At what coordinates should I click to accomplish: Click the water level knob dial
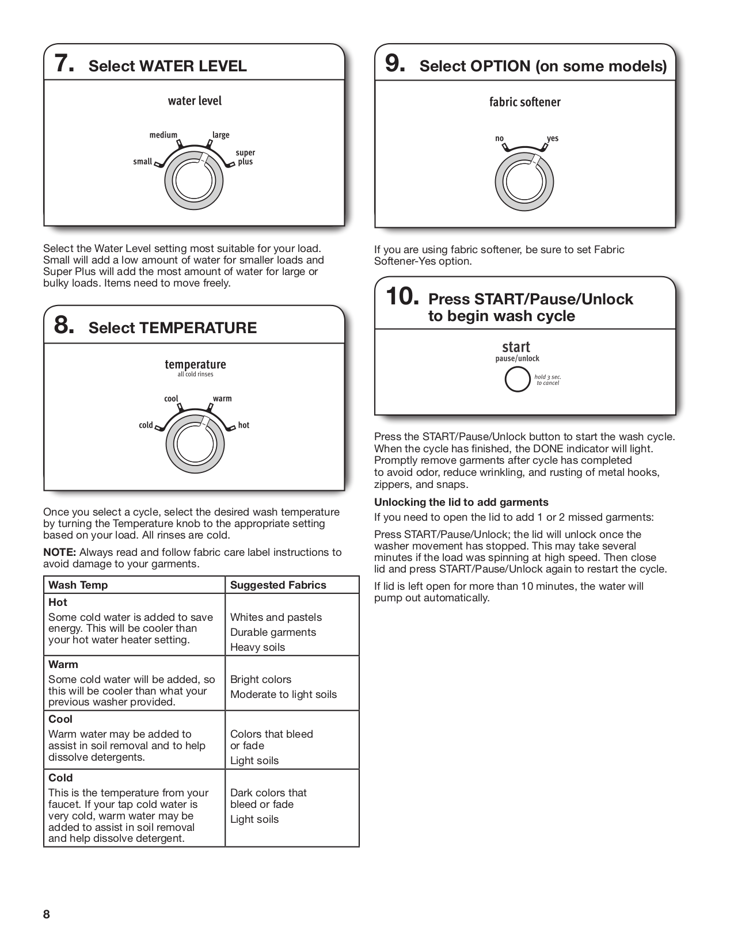click(194, 182)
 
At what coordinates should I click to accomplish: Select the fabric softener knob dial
click(524, 183)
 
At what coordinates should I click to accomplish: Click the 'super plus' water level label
click(245, 157)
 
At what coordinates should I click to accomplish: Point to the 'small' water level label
click(142, 162)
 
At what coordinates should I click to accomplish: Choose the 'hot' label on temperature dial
click(244, 425)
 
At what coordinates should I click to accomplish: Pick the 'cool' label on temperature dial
click(171, 399)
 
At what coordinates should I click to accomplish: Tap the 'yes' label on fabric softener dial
click(553, 139)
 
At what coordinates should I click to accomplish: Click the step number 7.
click(64, 63)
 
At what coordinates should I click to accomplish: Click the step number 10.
click(402, 297)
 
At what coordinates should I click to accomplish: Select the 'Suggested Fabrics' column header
click(278, 585)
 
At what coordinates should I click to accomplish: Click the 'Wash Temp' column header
click(78, 585)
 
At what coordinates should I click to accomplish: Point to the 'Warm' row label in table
click(63, 665)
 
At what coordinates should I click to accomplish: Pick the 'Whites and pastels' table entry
click(276, 617)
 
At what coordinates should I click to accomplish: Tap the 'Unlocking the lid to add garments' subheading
click(461, 502)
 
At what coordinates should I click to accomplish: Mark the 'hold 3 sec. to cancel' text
click(547, 380)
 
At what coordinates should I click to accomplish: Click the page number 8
click(47, 915)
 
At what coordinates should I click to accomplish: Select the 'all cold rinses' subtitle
click(195, 375)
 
